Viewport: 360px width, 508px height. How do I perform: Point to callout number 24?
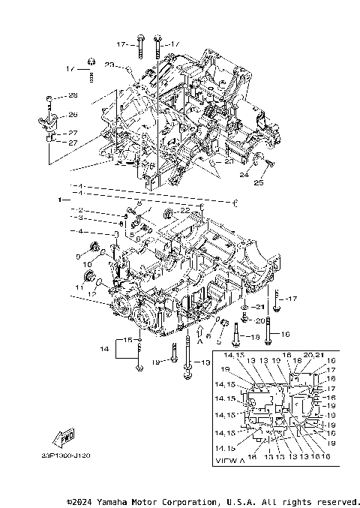coord(244,175)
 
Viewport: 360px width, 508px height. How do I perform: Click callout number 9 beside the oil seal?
coord(77,256)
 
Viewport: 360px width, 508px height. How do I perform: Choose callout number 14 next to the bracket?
coord(104,350)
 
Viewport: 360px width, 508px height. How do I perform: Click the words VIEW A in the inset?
coord(229,459)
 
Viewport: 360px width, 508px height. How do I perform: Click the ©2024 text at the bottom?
coord(82,501)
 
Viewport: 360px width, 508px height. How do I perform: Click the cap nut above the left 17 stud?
coord(91,62)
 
